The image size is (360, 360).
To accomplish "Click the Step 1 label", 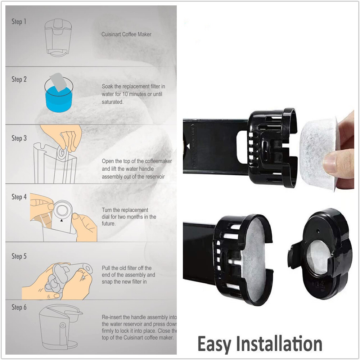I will pos(19,22).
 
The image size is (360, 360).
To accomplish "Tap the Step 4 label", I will pos(19,197).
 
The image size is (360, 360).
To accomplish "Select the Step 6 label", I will pos(19,307).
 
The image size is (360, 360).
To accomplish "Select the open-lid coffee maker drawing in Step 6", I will pos(58,326).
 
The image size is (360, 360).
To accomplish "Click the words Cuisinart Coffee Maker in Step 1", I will pos(126,35).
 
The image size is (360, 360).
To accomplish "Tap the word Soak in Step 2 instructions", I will pos(108,86).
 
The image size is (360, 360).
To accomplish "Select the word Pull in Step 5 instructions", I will pos(107,268).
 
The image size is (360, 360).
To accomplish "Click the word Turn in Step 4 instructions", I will pos(107,210).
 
